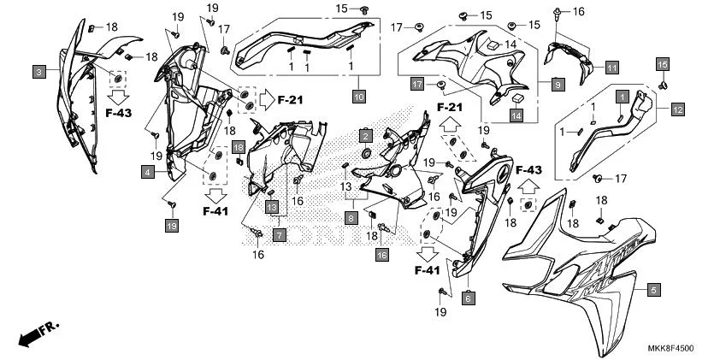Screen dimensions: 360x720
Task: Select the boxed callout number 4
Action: [x=147, y=172]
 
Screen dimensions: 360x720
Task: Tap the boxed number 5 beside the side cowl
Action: [x=653, y=290]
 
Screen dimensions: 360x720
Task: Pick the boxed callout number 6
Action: [x=468, y=298]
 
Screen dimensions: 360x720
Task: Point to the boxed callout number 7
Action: [x=279, y=233]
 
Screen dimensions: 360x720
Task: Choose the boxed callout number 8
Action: [x=351, y=219]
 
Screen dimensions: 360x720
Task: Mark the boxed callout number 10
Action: [x=357, y=97]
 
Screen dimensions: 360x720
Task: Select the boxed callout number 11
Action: [x=611, y=67]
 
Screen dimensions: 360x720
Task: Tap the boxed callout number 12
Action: [x=676, y=109]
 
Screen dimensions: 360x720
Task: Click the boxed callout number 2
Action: [x=365, y=136]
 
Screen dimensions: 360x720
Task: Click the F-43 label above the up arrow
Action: [x=528, y=171]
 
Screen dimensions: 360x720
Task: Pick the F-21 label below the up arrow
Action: [x=450, y=108]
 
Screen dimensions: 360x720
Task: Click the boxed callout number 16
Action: [x=381, y=255]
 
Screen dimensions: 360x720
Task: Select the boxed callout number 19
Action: [x=171, y=225]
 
